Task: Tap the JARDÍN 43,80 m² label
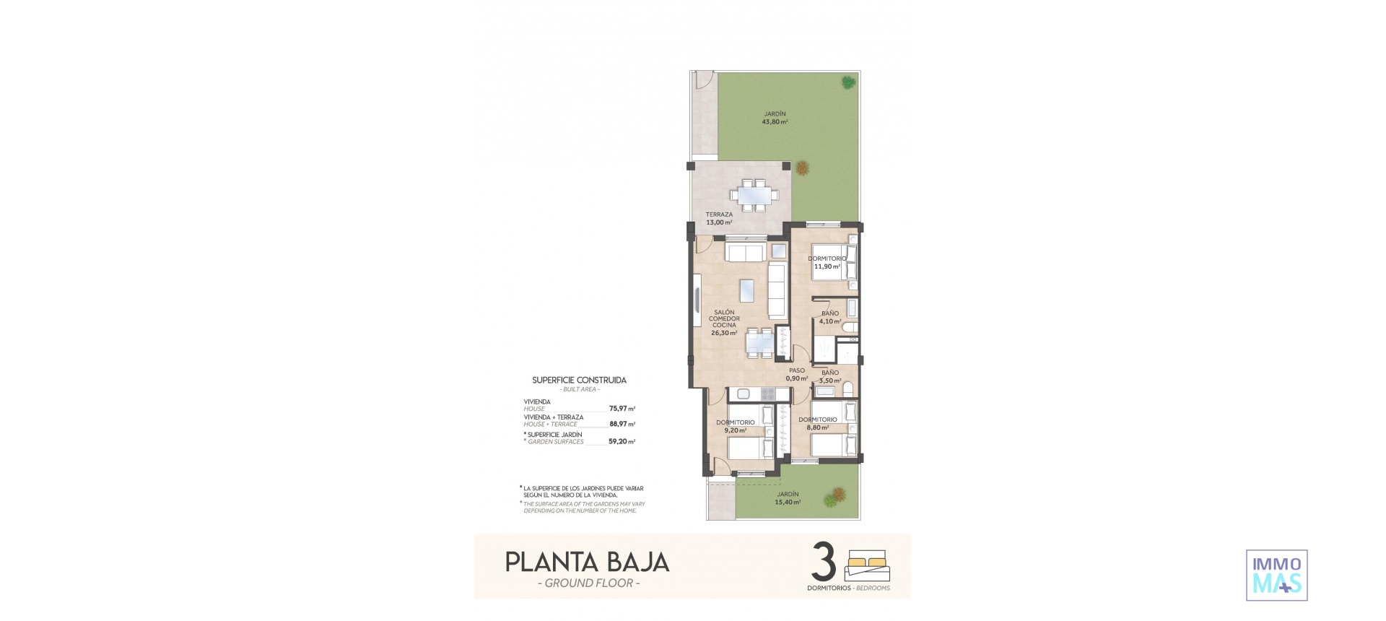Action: tap(775, 118)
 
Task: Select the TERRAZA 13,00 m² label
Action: tap(719, 219)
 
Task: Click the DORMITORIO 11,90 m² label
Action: tap(827, 263)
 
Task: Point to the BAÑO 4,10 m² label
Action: tap(830, 318)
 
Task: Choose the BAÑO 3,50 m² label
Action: tap(829, 377)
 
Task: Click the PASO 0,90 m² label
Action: tap(797, 375)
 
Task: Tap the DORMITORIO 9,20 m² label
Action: tap(735, 427)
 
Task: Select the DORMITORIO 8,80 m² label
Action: tap(818, 424)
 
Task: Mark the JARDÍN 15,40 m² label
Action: tap(788, 498)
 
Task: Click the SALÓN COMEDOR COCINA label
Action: tap(724, 323)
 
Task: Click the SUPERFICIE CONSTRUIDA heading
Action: tap(579, 381)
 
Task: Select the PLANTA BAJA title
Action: tap(587, 563)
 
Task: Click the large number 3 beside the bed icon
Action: tap(824, 563)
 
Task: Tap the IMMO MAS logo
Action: tap(1276, 575)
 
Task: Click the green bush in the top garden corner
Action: tap(847, 82)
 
